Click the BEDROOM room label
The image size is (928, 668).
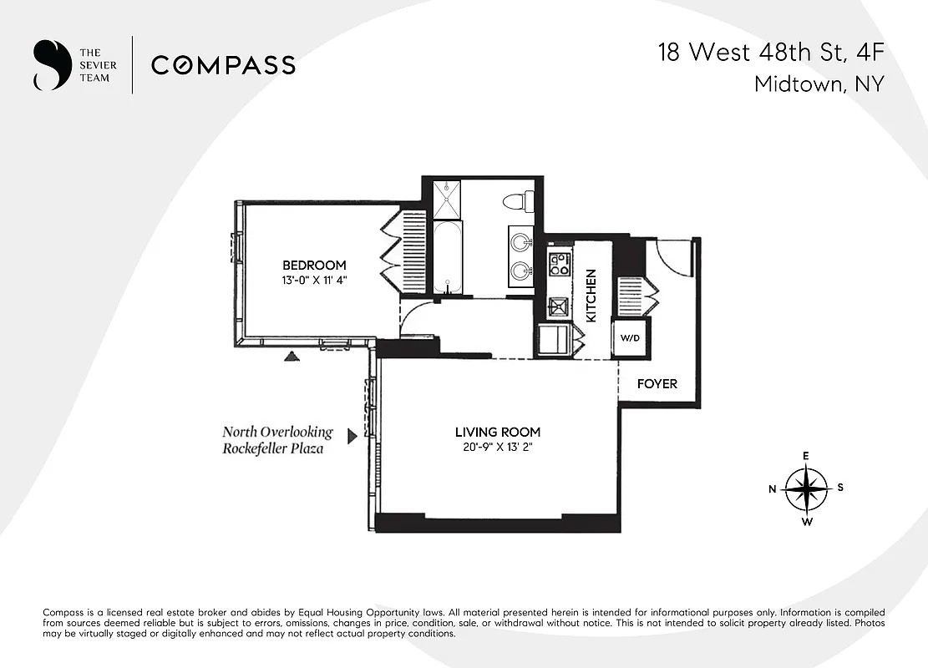313,266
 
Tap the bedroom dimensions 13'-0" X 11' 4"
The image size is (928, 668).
313,281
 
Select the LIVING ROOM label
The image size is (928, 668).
497,432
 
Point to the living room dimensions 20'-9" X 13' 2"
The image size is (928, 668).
497,447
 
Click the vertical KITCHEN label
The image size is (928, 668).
591,296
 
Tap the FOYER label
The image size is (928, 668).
657,384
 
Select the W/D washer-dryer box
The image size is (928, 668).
629,339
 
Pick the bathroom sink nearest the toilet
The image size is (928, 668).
522,243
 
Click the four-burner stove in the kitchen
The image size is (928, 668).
558,264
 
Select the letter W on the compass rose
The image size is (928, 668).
807,523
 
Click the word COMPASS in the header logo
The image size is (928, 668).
223,65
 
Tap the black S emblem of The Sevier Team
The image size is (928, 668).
49,65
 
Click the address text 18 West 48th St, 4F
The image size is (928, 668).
770,53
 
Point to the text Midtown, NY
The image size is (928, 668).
819,84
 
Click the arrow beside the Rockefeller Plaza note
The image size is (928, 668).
352,436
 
